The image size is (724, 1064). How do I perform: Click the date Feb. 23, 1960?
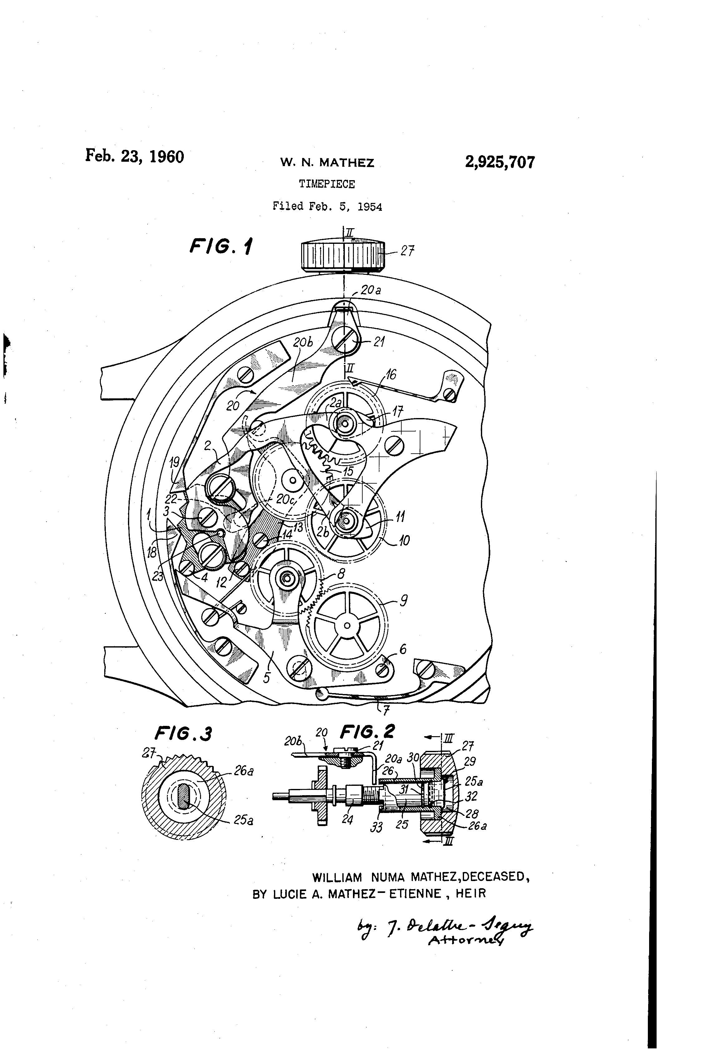(135, 157)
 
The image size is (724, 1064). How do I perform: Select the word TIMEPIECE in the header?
(327, 184)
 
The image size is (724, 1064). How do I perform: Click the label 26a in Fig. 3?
(243, 771)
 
